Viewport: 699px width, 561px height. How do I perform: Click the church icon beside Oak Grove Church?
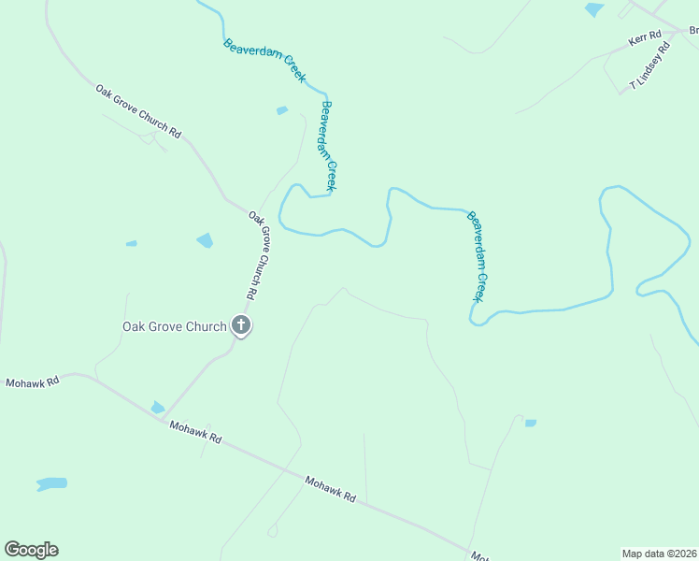click(241, 326)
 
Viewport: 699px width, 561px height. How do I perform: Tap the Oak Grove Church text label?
click(175, 326)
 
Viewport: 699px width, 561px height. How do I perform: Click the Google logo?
click(31, 550)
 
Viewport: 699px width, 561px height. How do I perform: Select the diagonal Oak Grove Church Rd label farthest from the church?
click(138, 111)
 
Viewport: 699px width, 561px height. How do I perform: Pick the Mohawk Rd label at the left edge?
click(33, 382)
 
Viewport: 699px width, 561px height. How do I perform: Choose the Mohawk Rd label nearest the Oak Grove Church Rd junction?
click(195, 432)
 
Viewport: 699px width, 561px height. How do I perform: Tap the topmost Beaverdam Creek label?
click(264, 62)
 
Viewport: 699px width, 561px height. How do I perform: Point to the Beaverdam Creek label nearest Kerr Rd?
click(478, 255)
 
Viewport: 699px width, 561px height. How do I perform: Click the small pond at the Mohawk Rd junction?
click(157, 408)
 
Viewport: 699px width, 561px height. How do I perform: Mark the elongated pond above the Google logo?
click(51, 484)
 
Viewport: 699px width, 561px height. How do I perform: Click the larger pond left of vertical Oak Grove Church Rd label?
click(205, 240)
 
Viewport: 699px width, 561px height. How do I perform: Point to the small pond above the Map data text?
click(531, 423)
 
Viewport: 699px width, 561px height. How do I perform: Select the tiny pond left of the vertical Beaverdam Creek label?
click(282, 111)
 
